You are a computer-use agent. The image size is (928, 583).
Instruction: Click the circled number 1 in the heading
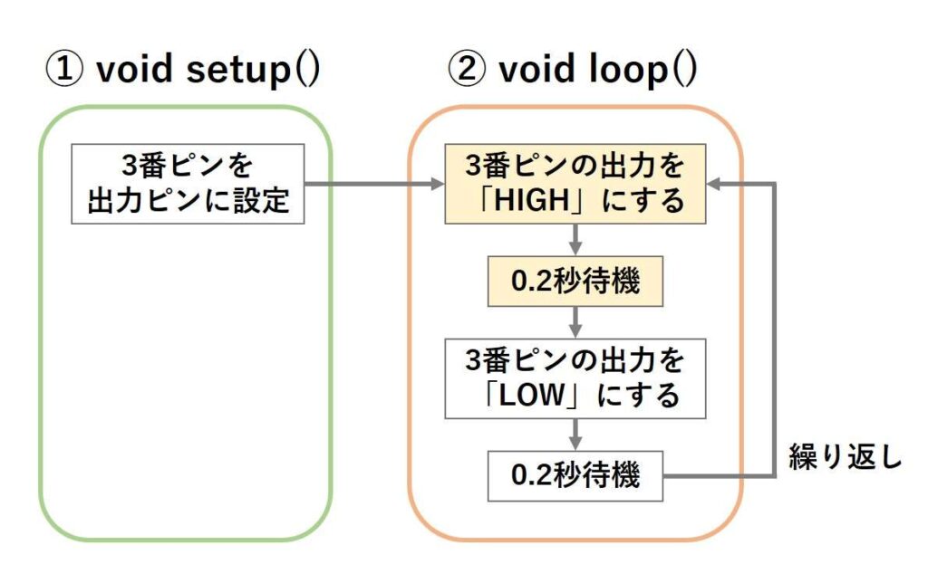64,69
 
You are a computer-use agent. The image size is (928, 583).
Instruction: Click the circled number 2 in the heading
467,69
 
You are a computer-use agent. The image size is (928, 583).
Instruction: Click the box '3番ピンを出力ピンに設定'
188,183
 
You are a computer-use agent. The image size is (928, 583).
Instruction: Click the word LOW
531,395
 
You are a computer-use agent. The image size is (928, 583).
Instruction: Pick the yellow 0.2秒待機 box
575,281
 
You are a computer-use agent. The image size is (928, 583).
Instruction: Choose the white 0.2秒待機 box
575,476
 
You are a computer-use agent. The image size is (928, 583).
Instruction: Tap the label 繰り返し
845,457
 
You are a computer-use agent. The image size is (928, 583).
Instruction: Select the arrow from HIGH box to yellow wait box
575,240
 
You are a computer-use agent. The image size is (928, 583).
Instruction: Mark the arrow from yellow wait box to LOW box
575,322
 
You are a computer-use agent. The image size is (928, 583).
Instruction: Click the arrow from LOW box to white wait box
575,435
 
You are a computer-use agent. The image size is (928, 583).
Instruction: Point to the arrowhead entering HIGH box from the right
713,184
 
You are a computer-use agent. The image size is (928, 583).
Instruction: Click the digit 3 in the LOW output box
473,360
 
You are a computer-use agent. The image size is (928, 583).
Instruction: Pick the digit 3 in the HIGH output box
473,166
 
